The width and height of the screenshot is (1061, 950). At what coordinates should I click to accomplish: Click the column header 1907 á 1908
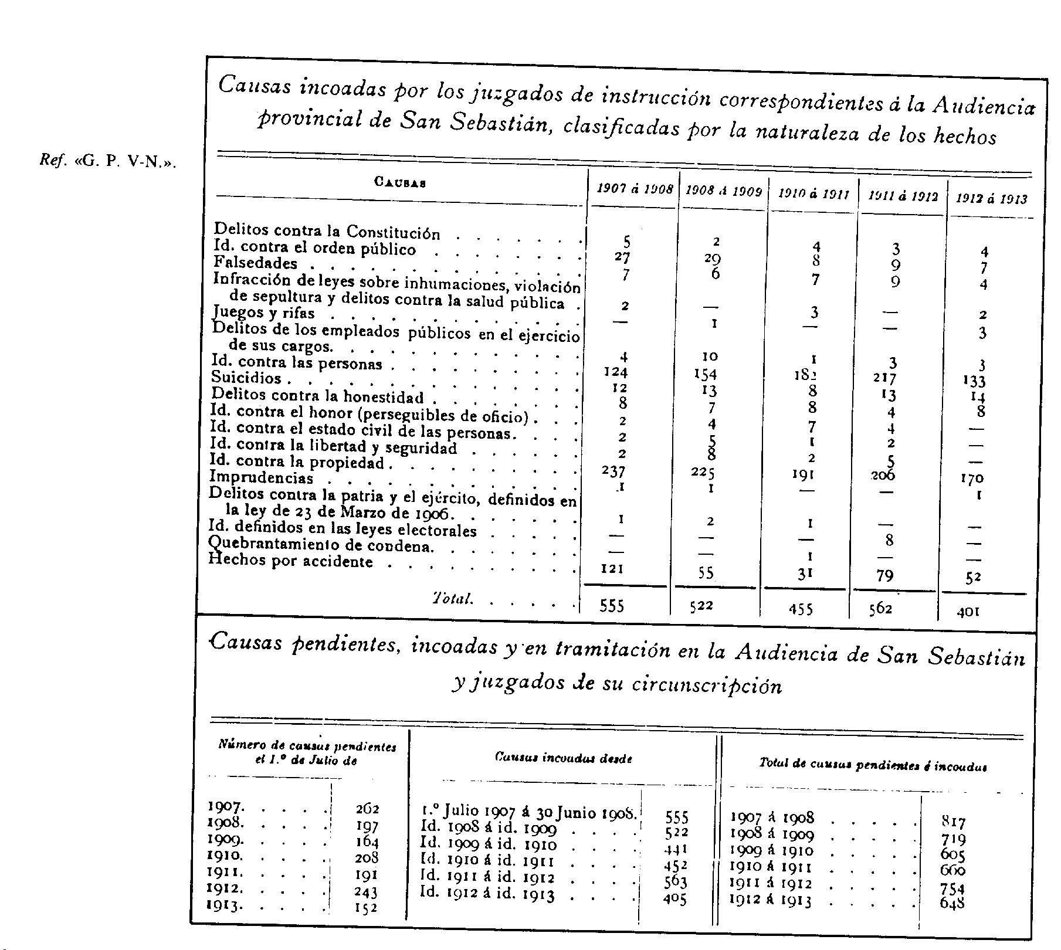point(635,189)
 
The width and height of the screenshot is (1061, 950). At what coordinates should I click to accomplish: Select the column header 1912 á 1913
point(992,199)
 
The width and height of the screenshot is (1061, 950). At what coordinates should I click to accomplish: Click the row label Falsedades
point(255,263)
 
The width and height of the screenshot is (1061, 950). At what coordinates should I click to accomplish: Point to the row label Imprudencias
point(262,478)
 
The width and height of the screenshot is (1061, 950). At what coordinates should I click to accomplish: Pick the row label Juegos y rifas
point(264,313)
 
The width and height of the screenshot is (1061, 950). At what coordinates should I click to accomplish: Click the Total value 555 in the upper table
point(612,606)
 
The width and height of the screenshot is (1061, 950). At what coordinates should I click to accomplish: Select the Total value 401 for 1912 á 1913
point(968,612)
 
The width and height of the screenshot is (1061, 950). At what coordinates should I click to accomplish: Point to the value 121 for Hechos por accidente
point(612,568)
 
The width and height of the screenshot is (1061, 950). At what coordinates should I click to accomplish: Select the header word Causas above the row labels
point(399,182)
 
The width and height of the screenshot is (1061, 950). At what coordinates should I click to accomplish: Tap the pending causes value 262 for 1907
point(367,809)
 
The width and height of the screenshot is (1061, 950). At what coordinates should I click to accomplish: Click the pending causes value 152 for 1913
point(367,908)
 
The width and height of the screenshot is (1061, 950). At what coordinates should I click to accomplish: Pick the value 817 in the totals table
point(953,822)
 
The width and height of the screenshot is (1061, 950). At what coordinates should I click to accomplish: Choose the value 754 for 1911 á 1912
point(952,889)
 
